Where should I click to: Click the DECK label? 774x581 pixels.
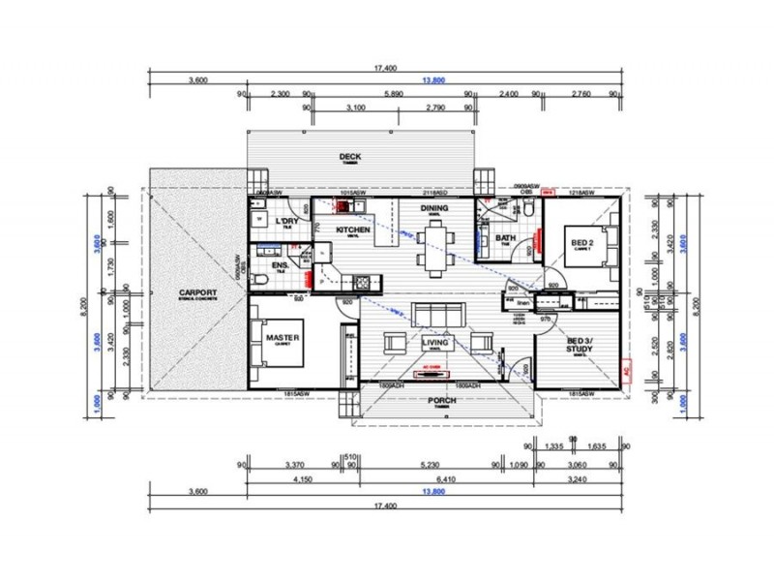point(349,157)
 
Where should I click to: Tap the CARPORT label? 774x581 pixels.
point(196,292)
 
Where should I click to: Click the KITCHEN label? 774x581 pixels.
point(353,229)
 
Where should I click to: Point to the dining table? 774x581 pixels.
point(434,246)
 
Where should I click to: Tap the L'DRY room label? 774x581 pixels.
point(285,222)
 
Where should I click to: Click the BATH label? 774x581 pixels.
point(504,238)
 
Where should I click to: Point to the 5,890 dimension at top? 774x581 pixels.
point(392,94)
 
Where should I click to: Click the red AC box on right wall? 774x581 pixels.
point(626,371)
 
